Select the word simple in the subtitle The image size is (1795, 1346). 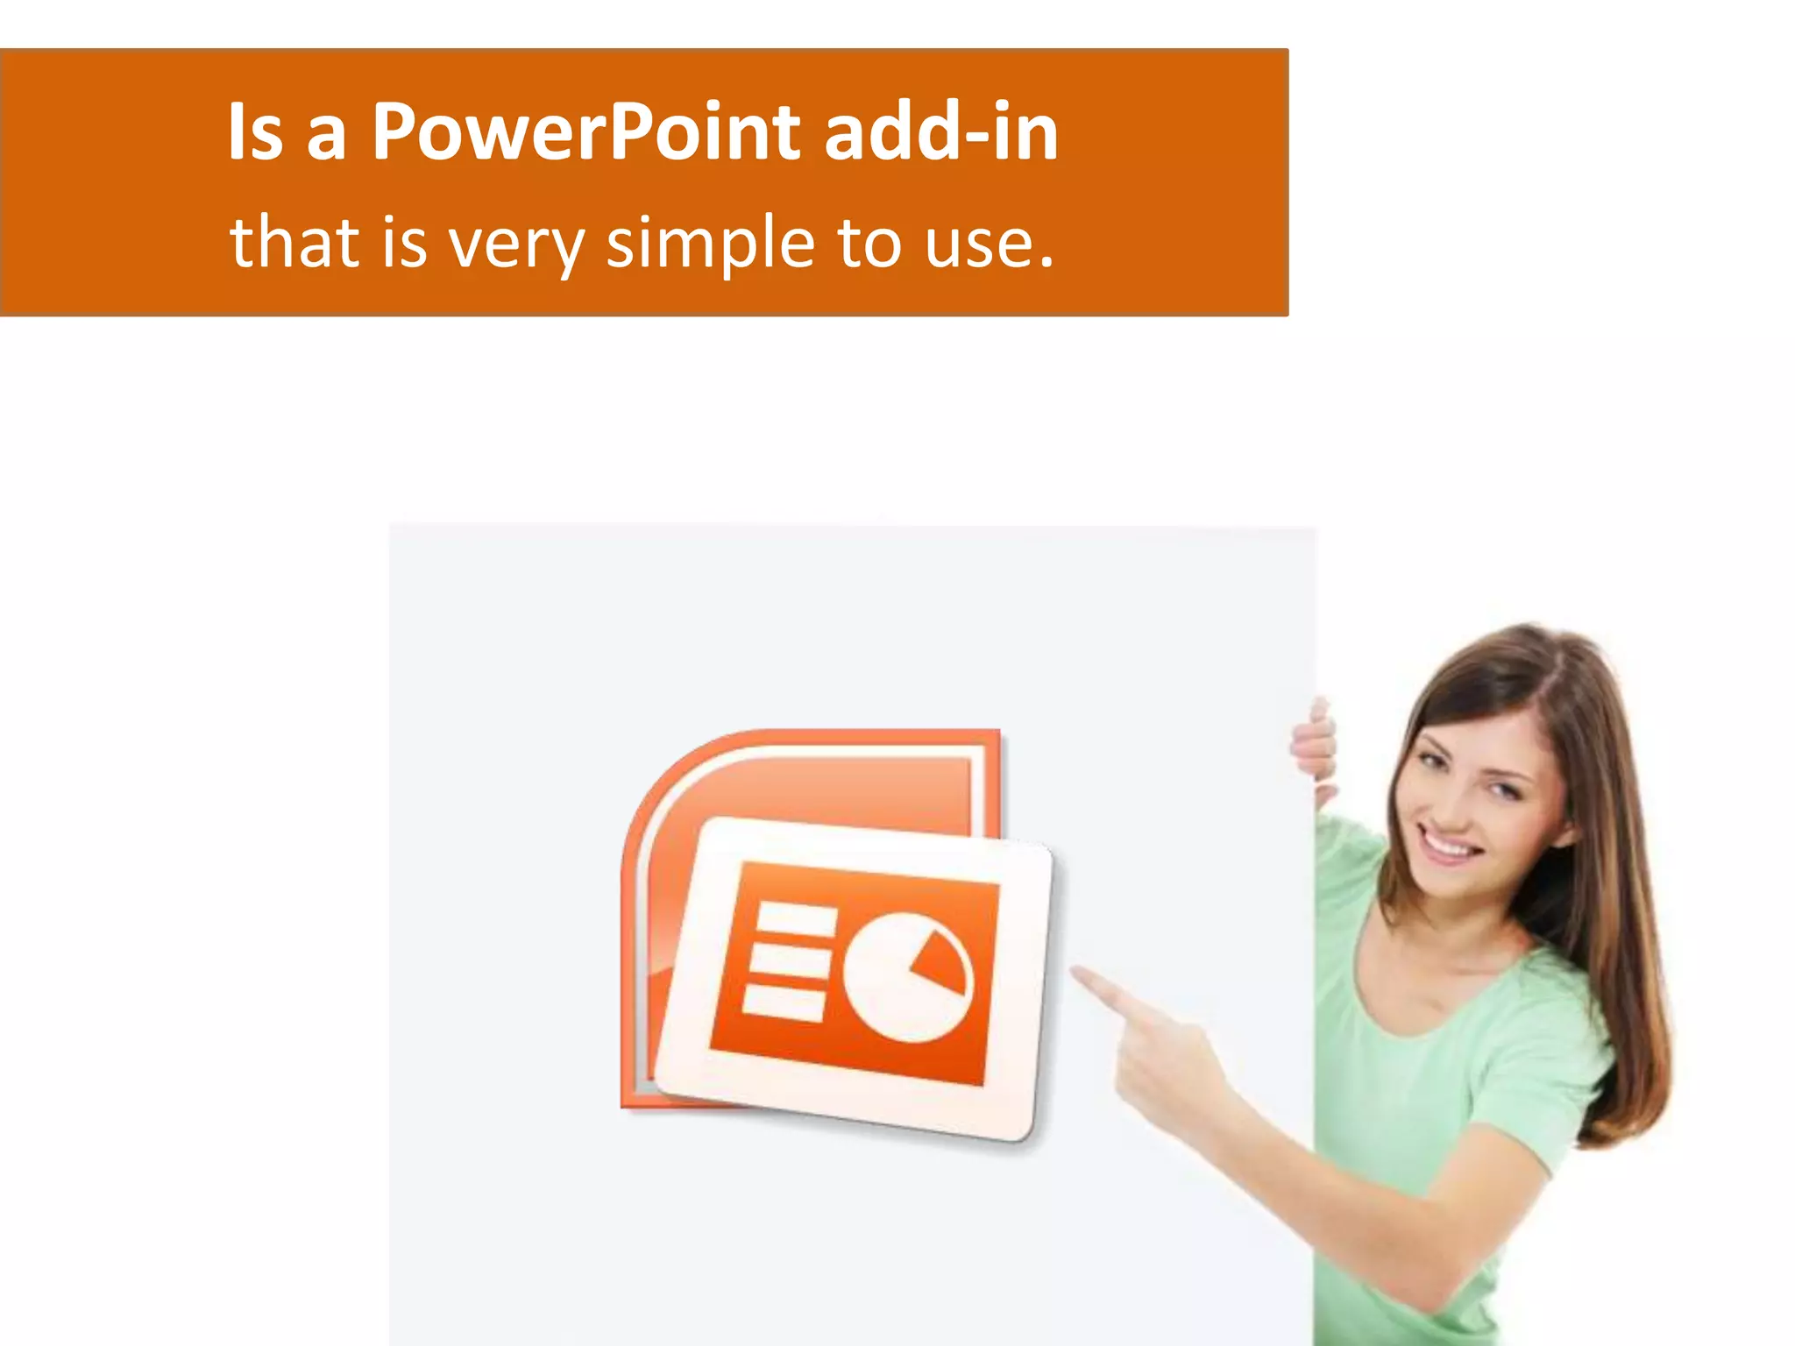[x=710, y=244]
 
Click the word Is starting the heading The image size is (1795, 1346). [x=255, y=133]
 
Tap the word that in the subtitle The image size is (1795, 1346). [x=294, y=242]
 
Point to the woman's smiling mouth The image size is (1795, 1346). [x=1446, y=847]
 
